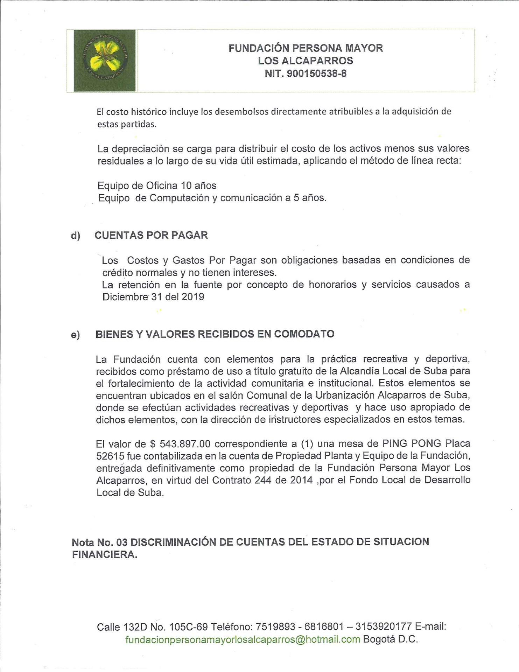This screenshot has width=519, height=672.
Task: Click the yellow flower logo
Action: point(104,61)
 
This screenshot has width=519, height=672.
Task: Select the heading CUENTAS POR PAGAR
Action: point(151,235)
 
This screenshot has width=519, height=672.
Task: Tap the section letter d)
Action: point(75,236)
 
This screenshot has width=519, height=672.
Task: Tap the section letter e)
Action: point(75,335)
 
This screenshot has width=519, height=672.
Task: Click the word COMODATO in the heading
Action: point(304,334)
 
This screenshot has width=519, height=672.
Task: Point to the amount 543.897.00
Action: point(185,444)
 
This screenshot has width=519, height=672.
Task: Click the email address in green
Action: point(243,639)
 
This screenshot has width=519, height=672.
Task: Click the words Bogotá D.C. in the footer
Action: point(390,639)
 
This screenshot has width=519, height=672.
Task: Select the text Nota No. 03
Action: point(99,542)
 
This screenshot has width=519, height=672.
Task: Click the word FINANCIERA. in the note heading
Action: point(104,555)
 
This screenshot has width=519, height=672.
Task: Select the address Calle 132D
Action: point(121,627)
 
